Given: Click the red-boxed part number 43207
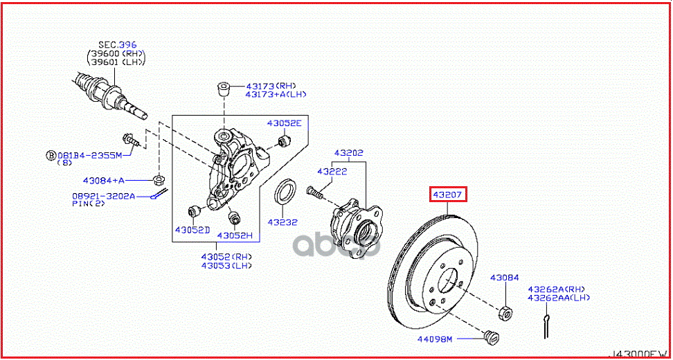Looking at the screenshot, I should (x=448, y=195).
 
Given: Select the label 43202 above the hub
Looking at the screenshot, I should (x=349, y=152).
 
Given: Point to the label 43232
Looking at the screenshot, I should (x=283, y=222).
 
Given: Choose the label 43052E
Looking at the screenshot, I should (x=285, y=123).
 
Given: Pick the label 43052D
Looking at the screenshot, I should (x=192, y=229).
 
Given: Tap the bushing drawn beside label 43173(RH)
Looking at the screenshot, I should (x=223, y=88).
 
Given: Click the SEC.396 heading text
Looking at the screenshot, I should (x=116, y=44).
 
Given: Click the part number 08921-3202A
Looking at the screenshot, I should (x=104, y=196).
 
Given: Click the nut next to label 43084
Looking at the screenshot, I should (x=505, y=313).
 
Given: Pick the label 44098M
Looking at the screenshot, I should (x=434, y=339).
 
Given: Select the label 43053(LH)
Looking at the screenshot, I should (x=227, y=265).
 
